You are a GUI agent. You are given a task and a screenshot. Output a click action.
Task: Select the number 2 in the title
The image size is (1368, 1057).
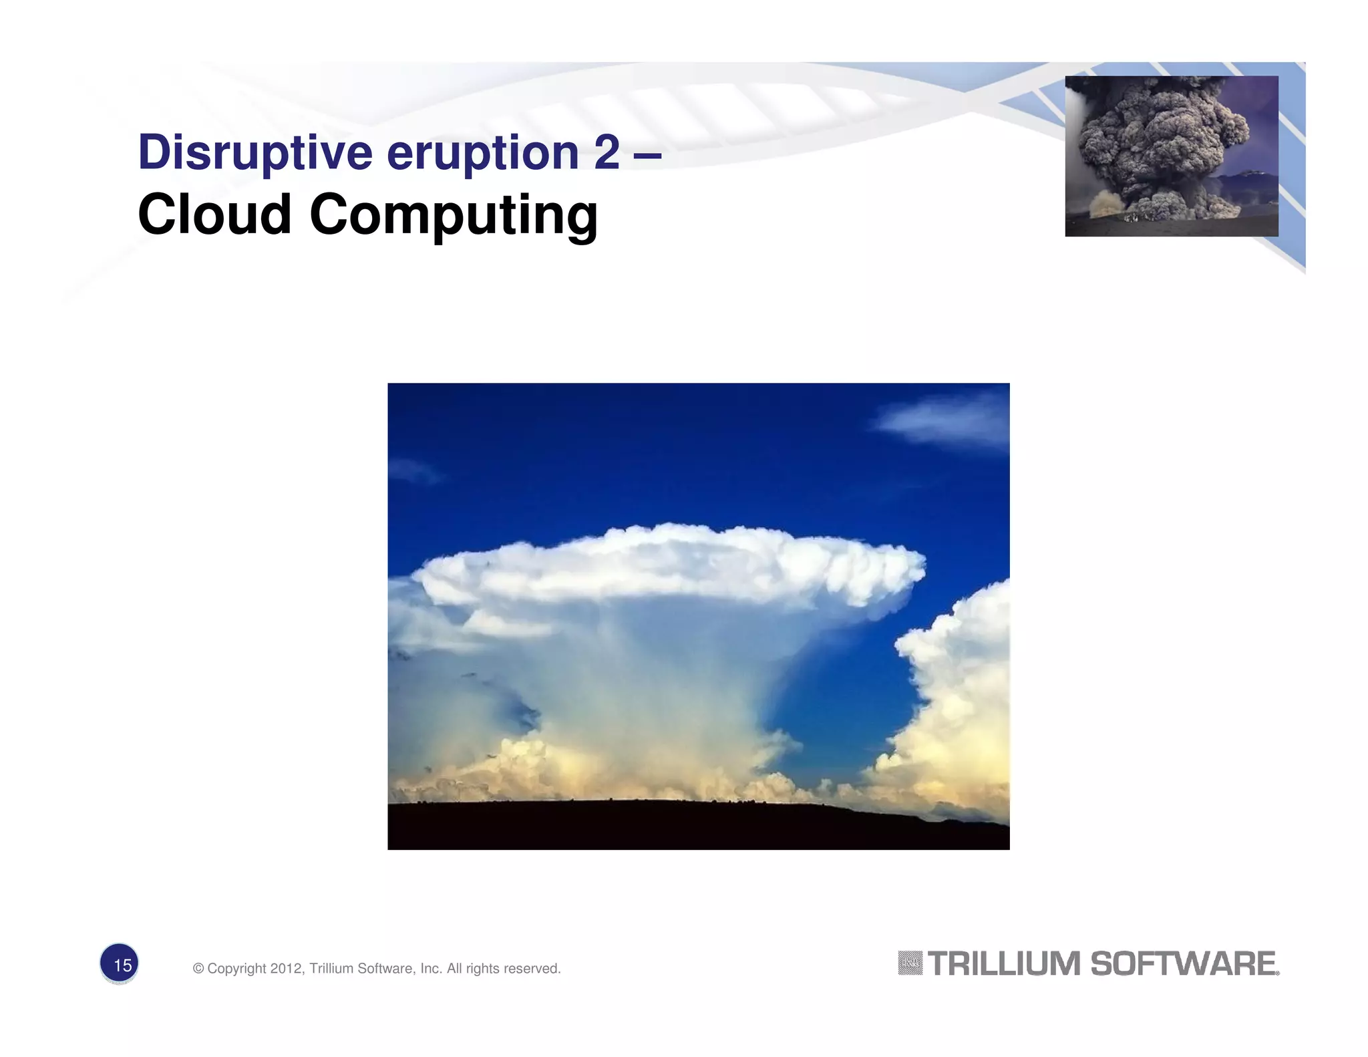point(607,152)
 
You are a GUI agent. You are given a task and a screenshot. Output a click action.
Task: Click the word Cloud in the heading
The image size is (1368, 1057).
point(214,215)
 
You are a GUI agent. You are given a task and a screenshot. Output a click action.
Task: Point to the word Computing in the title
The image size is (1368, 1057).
point(454,215)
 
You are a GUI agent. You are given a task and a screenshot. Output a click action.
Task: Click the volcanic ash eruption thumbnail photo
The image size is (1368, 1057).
point(1171,156)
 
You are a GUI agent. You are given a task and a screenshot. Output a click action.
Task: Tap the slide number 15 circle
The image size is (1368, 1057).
point(120,964)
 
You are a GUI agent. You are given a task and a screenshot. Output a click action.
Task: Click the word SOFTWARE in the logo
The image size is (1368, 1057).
point(1184,964)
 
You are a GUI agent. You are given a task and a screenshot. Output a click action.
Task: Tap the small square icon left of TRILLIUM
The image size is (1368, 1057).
point(910,963)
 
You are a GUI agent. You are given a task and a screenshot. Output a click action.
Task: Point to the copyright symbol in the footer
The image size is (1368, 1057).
point(198,968)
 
